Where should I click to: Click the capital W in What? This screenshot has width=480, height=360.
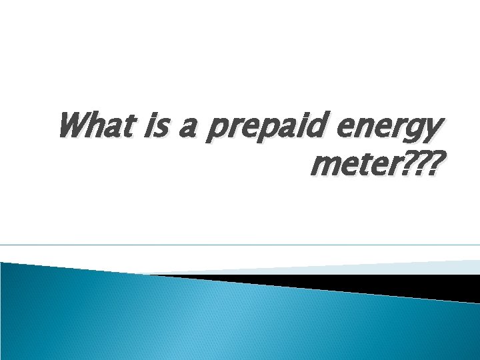(72, 125)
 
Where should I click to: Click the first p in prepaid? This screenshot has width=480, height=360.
(217, 131)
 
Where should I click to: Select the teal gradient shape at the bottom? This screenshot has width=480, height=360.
(200, 320)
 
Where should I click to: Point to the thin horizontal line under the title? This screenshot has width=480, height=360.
(240, 245)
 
